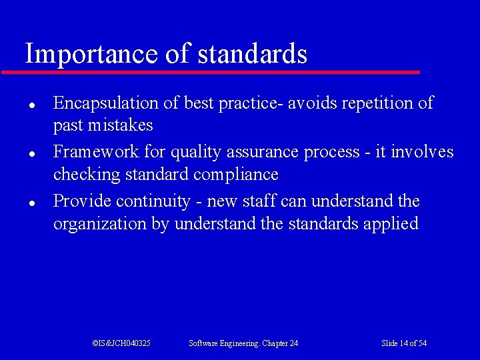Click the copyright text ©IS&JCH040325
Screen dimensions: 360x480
(121, 343)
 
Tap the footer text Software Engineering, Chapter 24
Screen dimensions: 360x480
(243, 343)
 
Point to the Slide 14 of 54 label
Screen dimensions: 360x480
(404, 343)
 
